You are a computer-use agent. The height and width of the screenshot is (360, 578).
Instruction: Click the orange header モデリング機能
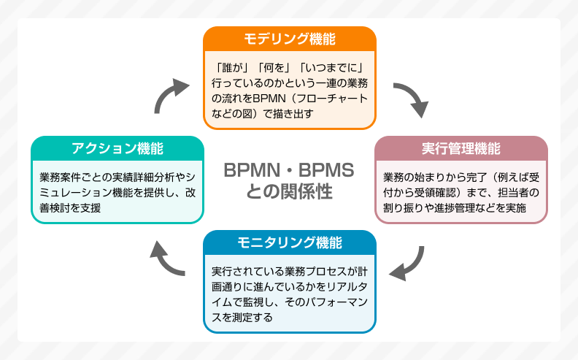[x=289, y=39]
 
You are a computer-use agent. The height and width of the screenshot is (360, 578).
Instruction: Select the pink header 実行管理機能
[x=461, y=148]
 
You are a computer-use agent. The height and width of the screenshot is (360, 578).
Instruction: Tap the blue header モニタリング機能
[x=289, y=242]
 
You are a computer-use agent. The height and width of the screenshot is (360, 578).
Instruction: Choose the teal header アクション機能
[x=117, y=148]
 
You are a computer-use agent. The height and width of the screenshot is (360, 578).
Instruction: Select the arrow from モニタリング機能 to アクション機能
[x=167, y=258]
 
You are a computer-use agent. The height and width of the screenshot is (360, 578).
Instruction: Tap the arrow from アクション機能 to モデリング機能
[x=169, y=95]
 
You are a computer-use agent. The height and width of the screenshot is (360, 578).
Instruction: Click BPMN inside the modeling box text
[x=273, y=97]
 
